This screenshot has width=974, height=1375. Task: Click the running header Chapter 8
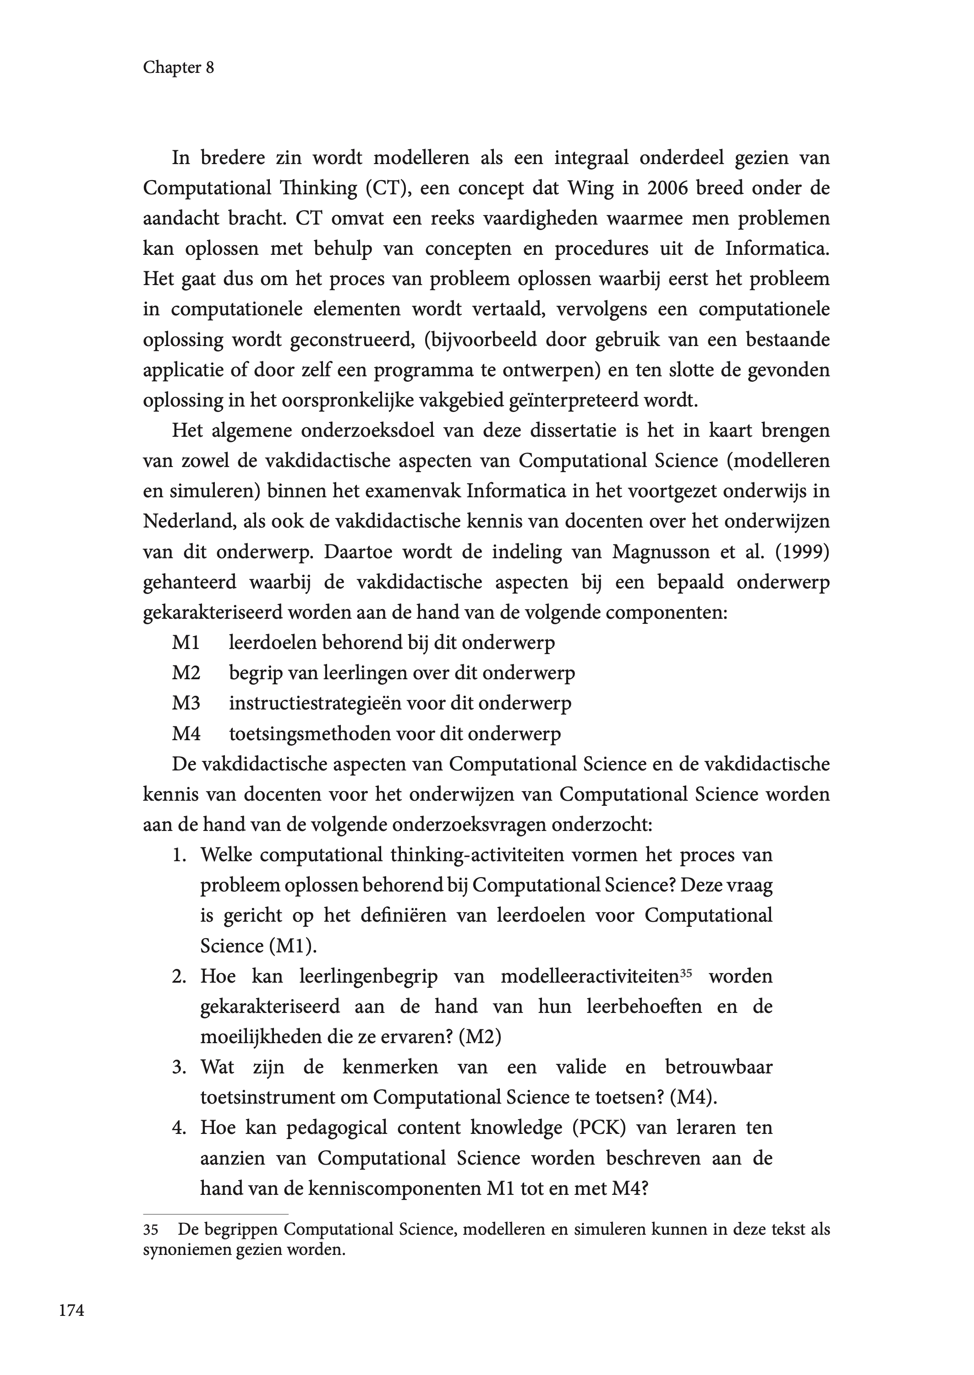pos(178,68)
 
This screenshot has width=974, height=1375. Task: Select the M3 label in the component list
pos(186,703)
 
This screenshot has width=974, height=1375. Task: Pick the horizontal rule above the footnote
pos(215,1213)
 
